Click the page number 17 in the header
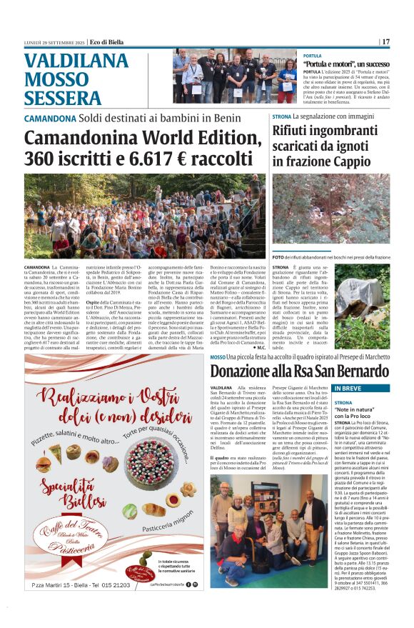[386, 41]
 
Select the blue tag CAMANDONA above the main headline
[47, 119]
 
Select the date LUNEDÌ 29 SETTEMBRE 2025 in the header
[46, 41]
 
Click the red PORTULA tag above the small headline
[312, 55]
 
